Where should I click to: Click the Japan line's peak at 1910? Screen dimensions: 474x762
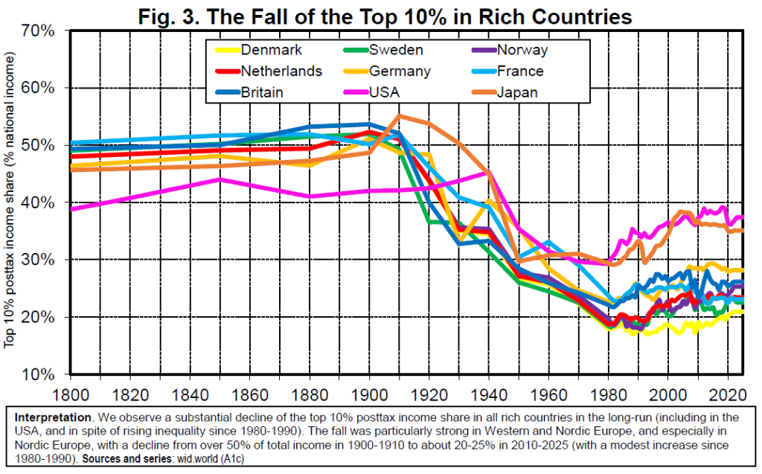[x=400, y=116]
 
